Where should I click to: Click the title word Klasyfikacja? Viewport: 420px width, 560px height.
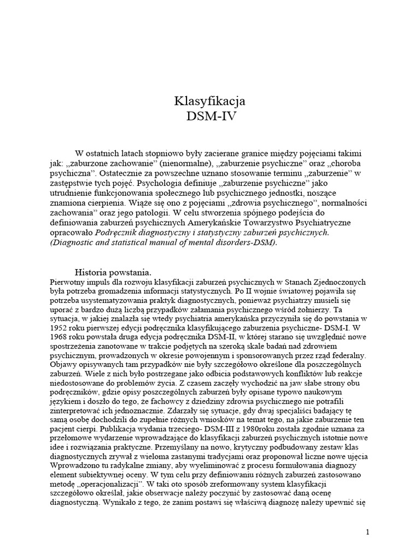[x=209, y=102]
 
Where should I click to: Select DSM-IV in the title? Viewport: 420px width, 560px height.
[x=209, y=116]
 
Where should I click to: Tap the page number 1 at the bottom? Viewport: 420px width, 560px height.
[x=368, y=532]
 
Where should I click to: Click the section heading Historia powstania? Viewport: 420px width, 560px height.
[x=113, y=272]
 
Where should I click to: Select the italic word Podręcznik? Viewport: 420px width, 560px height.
[x=119, y=232]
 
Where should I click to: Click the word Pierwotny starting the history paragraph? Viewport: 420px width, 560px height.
[x=68, y=282]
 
